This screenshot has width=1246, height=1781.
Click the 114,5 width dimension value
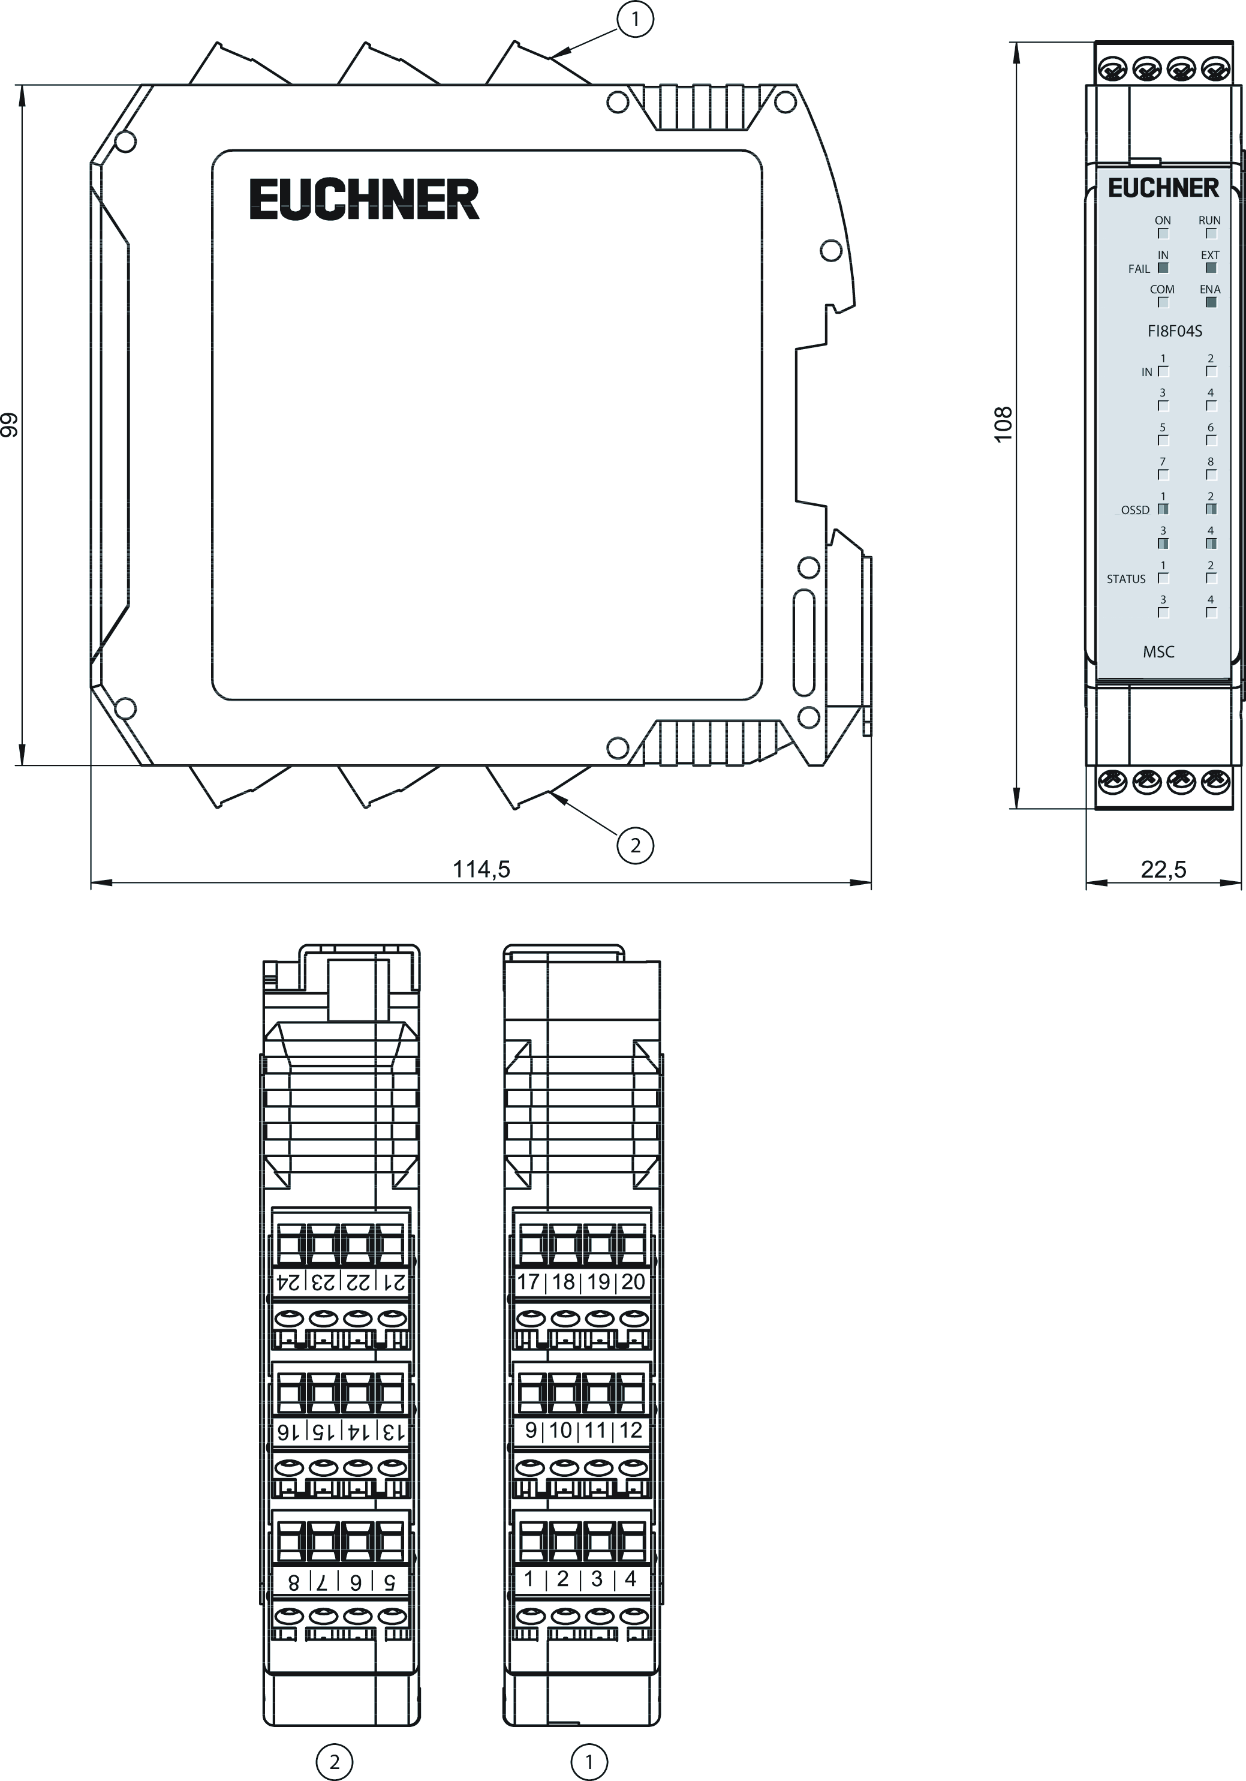pyautogui.click(x=481, y=869)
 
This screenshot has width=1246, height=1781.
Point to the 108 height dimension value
pyautogui.click(x=1003, y=424)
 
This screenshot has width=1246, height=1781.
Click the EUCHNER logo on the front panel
pyautogui.click(x=1163, y=188)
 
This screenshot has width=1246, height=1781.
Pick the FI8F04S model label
pyautogui.click(x=1175, y=331)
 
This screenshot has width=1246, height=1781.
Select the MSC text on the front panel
pyautogui.click(x=1158, y=651)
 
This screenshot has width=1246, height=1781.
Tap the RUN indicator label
pyautogui.click(x=1209, y=220)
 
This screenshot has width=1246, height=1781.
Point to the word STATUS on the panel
pyautogui.click(x=1126, y=579)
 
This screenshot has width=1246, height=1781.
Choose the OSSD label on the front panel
pyautogui.click(x=1135, y=510)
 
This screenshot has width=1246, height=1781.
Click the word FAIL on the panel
pyautogui.click(x=1139, y=269)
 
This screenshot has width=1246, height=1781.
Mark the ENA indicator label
pyautogui.click(x=1209, y=289)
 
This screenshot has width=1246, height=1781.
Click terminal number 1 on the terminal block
pyautogui.click(x=529, y=1578)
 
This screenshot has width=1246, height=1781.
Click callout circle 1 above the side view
pyautogui.click(x=635, y=19)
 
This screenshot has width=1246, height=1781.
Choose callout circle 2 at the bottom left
pyautogui.click(x=334, y=1762)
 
